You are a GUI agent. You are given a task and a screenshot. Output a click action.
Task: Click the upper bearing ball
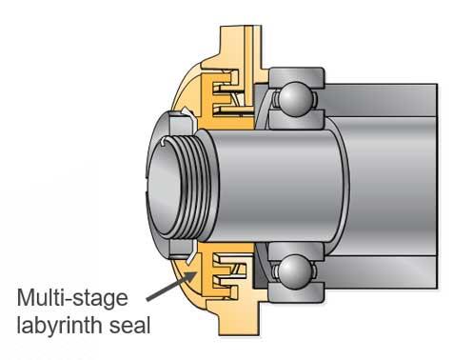(295, 99)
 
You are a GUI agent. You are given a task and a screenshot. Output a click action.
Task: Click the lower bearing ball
(295, 271)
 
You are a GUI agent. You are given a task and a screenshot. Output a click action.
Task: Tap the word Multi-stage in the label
(72, 298)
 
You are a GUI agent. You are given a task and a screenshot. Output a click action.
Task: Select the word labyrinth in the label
(59, 325)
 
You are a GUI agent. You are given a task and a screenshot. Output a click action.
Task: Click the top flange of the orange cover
(240, 48)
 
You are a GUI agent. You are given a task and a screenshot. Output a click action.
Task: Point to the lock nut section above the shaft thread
(180, 123)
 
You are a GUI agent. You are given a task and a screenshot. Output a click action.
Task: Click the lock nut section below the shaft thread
(180, 250)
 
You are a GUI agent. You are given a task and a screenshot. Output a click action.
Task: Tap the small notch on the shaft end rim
(164, 142)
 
